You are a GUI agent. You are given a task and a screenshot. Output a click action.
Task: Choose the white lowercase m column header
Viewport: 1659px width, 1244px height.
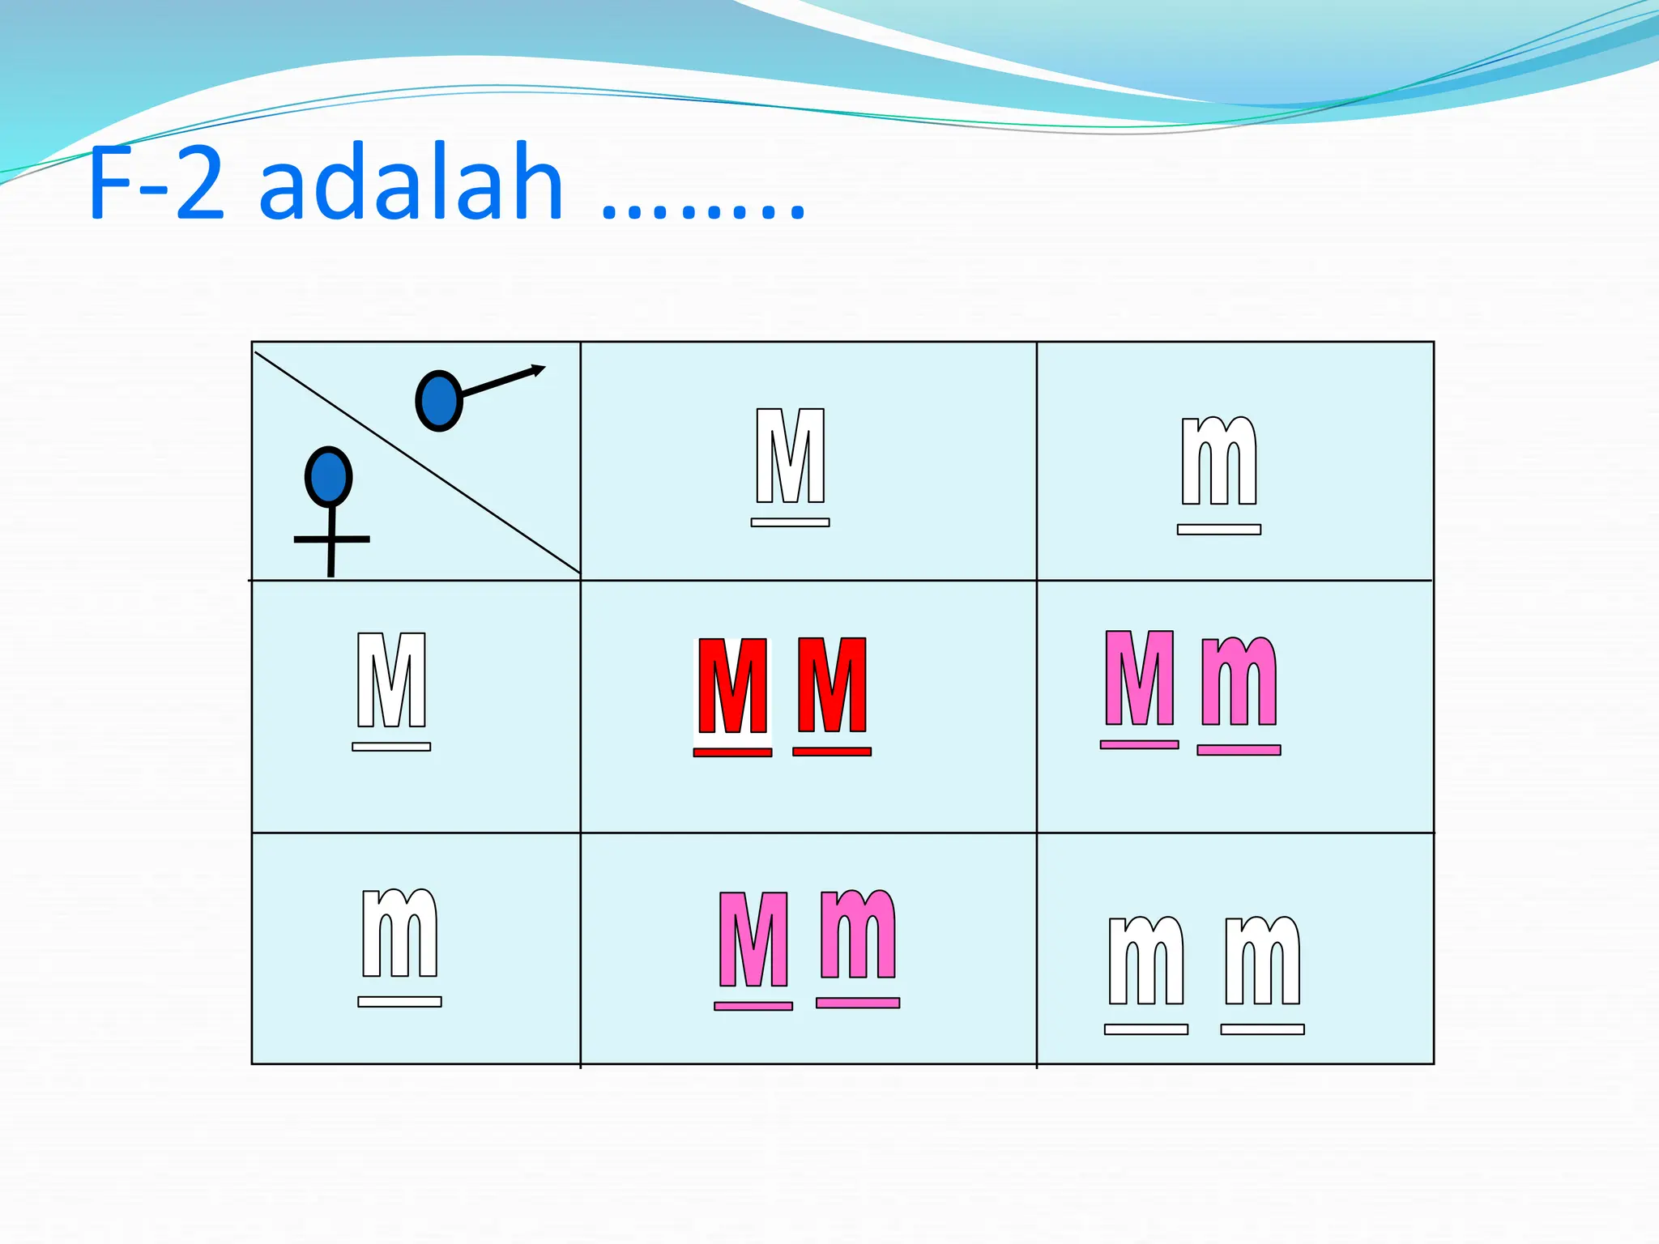coord(1218,462)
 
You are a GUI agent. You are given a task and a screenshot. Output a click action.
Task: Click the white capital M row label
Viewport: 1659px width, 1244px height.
coord(391,680)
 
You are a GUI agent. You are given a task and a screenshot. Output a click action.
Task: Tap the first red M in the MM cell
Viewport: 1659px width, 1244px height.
coord(732,686)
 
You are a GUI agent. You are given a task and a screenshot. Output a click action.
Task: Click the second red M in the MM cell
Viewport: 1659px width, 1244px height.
coord(832,685)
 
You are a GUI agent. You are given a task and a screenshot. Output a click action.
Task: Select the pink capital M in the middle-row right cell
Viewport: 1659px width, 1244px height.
coord(1139,679)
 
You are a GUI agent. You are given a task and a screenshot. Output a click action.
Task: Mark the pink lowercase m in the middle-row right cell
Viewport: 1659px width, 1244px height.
coord(1239,682)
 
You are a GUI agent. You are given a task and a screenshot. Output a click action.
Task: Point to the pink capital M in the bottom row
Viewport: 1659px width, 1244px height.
coord(753,939)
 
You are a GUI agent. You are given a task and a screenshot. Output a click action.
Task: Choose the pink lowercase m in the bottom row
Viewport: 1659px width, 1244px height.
coord(858,935)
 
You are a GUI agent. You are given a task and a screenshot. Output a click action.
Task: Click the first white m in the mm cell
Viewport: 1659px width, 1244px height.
coord(1145,961)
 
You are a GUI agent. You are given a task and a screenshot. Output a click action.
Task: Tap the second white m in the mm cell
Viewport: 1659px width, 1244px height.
coord(1262,961)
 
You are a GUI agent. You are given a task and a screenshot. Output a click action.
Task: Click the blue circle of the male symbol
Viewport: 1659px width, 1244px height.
coord(438,400)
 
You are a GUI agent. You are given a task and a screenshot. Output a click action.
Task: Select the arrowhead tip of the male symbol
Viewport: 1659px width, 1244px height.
coord(541,369)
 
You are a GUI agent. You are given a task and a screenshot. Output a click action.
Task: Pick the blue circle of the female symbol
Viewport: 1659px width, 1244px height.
coord(328,477)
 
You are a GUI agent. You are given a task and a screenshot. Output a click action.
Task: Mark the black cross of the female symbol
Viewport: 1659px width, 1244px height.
coord(331,539)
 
